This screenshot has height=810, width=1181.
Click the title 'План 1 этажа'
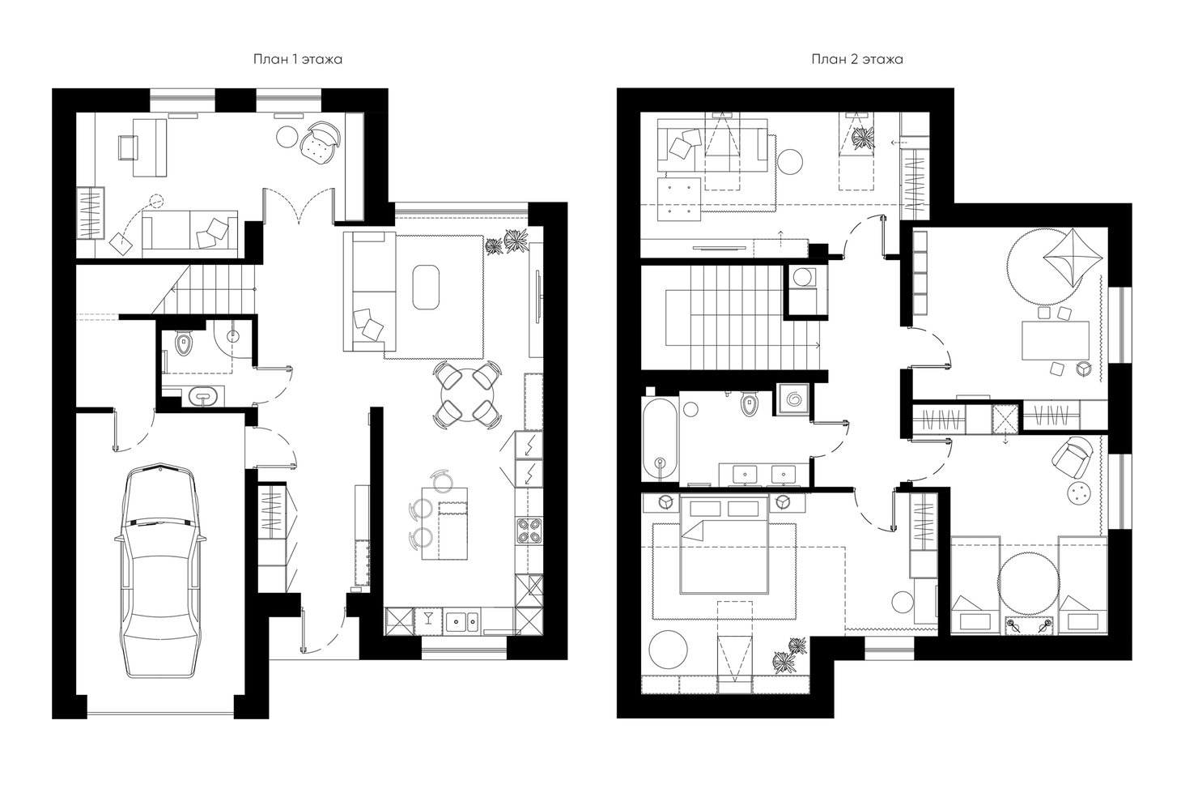pos(298,59)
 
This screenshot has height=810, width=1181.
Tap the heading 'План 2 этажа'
pos(857,59)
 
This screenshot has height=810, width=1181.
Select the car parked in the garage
pos(160,571)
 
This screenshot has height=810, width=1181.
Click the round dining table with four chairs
pos(467,394)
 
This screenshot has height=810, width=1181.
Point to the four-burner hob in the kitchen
pos(529,531)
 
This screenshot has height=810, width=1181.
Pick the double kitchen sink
pos(462,621)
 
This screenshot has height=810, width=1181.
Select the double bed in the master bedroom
pos(724,545)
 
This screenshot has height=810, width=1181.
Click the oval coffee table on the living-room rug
pos(426,287)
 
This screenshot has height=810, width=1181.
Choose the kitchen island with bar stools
pos(444,523)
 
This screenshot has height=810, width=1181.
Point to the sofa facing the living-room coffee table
pos(369,292)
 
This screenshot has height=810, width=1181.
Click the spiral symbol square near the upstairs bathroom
pos(792,399)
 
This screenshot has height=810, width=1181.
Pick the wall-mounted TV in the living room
pos(538,297)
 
